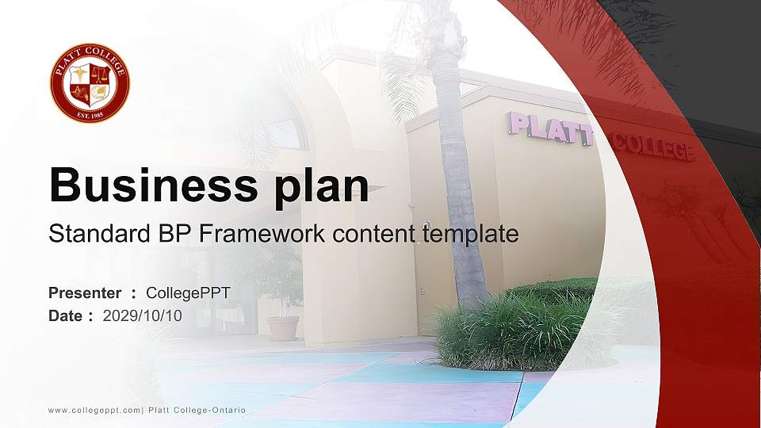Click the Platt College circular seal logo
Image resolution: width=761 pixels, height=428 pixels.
pyautogui.click(x=90, y=83)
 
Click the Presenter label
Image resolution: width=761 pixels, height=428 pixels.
pyautogui.click(x=85, y=293)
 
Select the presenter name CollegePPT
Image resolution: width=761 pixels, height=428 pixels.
pyautogui.click(x=188, y=293)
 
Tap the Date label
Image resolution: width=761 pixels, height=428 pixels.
pyautogui.click(x=66, y=315)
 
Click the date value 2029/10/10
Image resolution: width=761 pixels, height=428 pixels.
pyautogui.click(x=143, y=315)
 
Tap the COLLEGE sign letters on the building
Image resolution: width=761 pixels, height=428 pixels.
pyautogui.click(x=654, y=147)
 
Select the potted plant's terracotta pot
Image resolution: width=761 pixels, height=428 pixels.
pyautogui.click(x=283, y=327)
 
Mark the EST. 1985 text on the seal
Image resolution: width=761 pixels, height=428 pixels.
pyautogui.click(x=90, y=113)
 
